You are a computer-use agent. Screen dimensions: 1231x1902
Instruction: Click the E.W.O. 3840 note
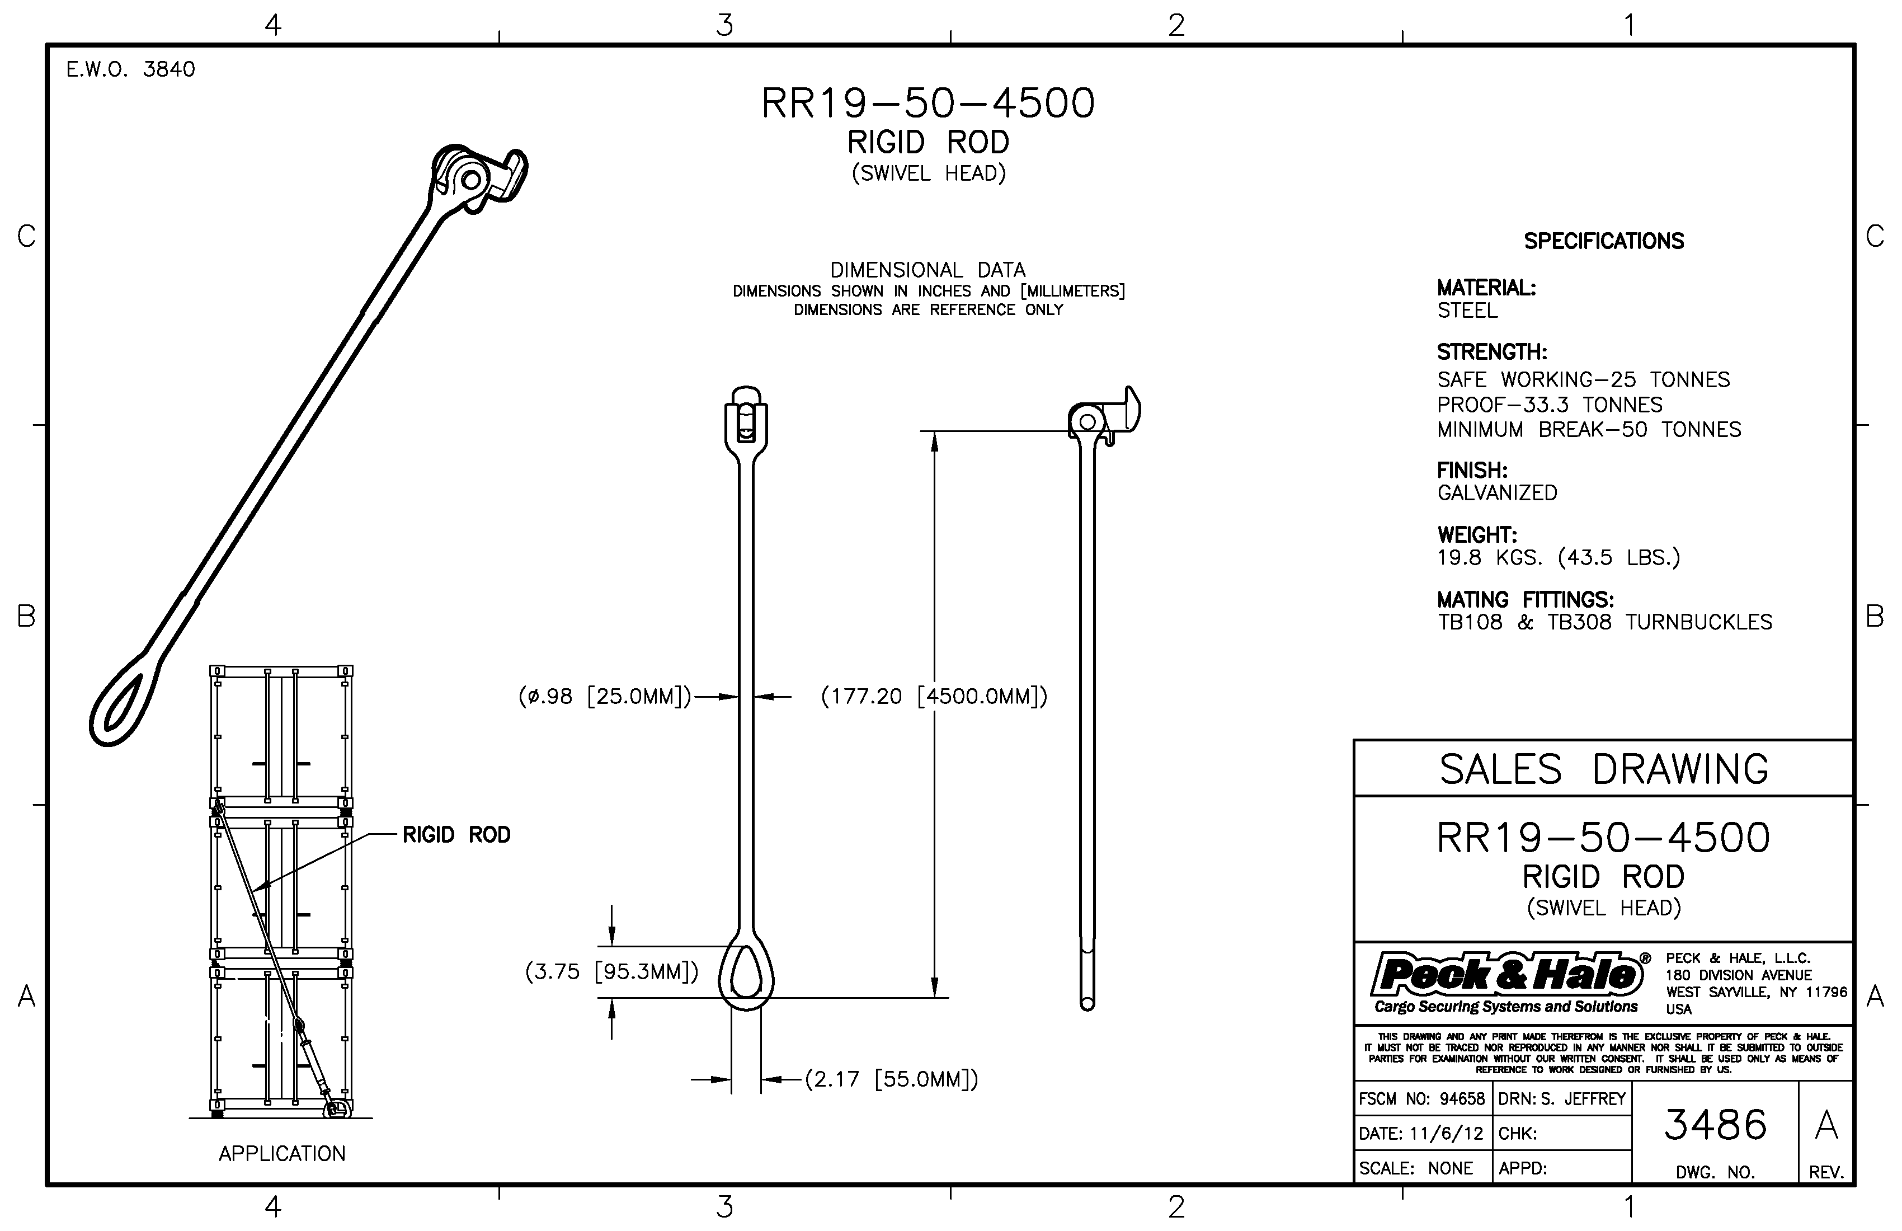click(130, 69)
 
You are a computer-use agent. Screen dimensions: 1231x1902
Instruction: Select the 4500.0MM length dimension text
click(934, 696)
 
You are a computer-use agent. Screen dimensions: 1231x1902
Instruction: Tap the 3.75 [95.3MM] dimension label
click(611, 971)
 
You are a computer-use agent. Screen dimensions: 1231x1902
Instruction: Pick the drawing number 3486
click(1715, 1125)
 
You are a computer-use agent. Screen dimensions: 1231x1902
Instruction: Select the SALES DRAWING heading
click(1603, 769)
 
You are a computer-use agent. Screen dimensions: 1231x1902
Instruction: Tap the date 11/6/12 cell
click(1421, 1134)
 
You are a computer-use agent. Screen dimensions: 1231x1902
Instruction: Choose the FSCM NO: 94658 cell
click(1421, 1099)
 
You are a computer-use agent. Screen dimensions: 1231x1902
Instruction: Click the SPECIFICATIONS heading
click(1603, 241)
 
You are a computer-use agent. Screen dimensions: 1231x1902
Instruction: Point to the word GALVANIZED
click(1497, 493)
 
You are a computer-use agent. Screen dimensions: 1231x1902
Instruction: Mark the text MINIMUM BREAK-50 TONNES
click(1589, 430)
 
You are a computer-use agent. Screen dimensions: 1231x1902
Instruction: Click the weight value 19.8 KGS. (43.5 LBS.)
click(1559, 558)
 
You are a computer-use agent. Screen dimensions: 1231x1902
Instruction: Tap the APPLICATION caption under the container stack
click(282, 1153)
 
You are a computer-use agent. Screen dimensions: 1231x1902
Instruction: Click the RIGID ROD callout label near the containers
click(455, 835)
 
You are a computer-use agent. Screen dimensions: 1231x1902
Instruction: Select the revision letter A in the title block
click(1826, 1125)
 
